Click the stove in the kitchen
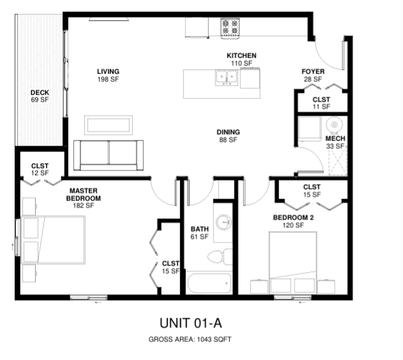(230, 28)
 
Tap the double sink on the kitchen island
(227, 78)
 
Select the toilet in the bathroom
(220, 257)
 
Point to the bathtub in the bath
(209, 283)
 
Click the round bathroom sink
(224, 221)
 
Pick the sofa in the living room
(109, 155)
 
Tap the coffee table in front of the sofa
(109, 125)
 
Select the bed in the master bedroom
(53, 240)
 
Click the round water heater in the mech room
(335, 125)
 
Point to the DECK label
(40, 93)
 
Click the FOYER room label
(313, 71)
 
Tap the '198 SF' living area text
(108, 79)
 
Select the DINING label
(228, 132)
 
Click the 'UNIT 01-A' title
(191, 323)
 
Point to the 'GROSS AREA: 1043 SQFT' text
(190, 340)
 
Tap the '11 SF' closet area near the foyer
(321, 107)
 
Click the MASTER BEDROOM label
(84, 195)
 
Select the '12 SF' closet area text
(40, 173)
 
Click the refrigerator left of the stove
(197, 27)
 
